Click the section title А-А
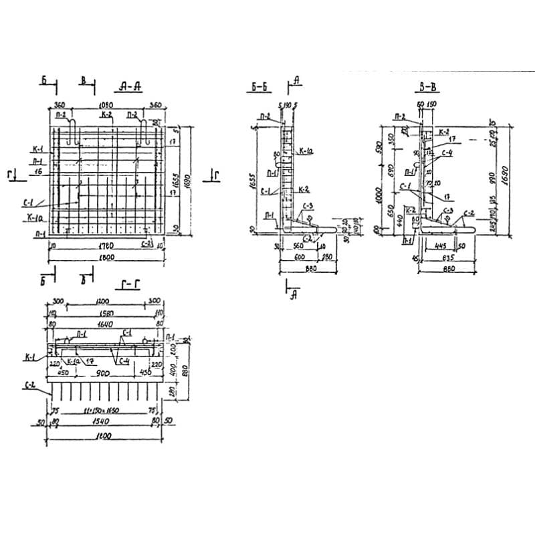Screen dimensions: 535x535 click(128, 86)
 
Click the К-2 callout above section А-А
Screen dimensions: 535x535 click(105, 115)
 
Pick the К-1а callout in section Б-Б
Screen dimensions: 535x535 click(307, 151)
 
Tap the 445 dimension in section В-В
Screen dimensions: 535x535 click(441, 246)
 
